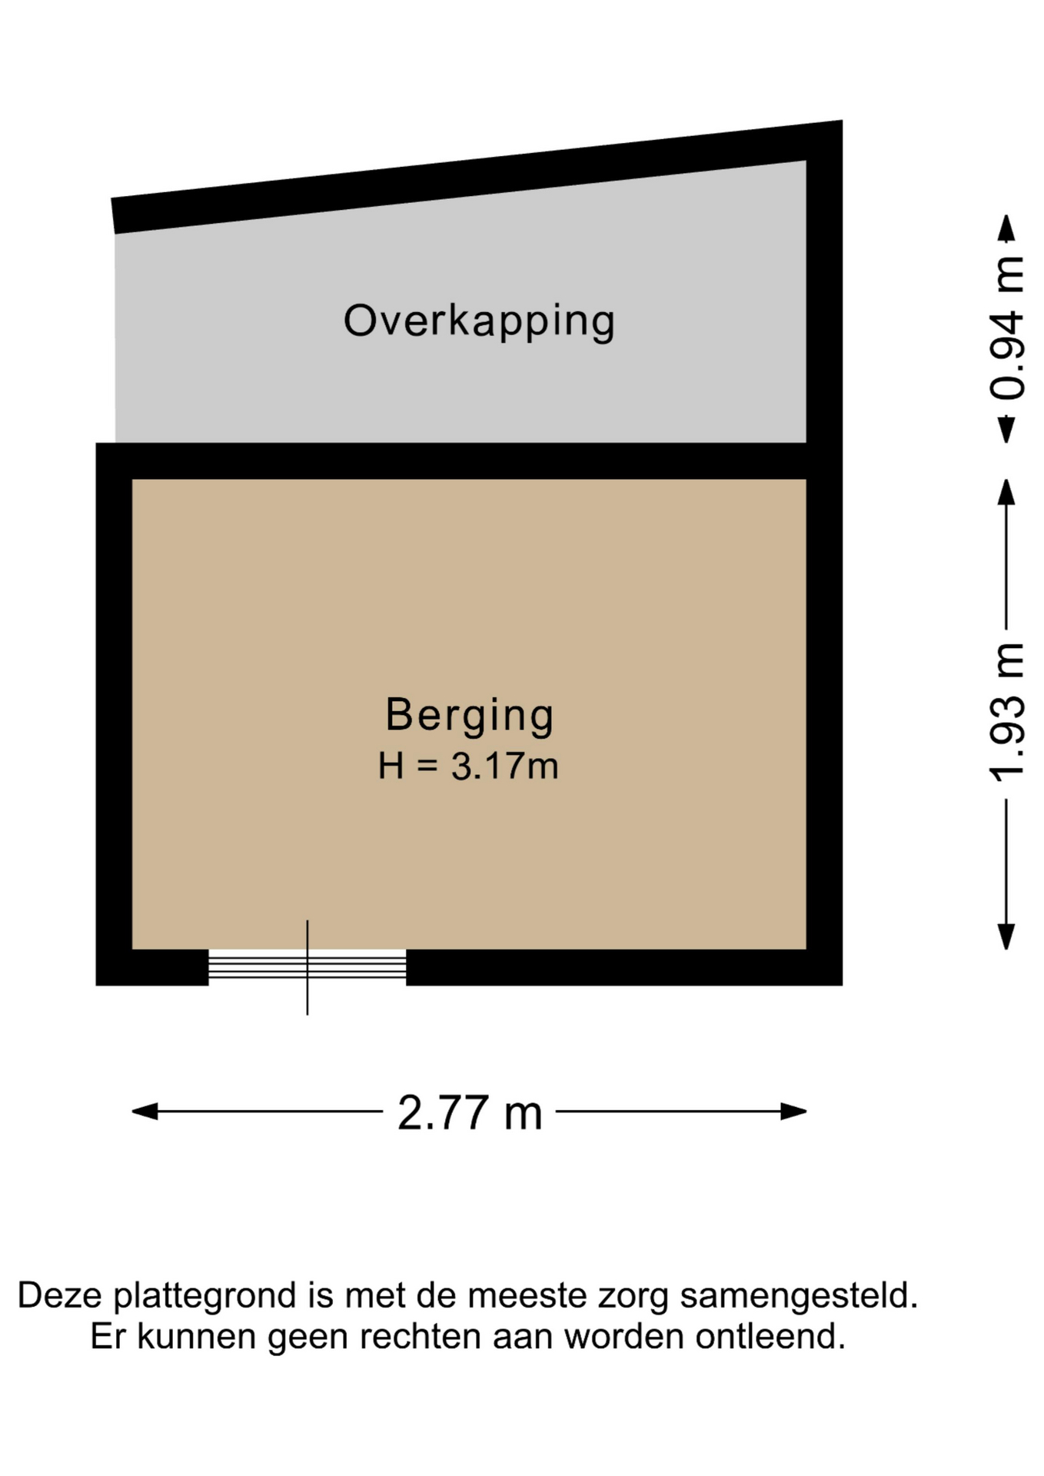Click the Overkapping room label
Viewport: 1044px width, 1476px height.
pos(479,321)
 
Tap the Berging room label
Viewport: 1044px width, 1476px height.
pos(470,716)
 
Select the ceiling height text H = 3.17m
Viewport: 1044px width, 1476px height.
pos(468,766)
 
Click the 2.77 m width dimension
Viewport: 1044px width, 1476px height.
pos(469,1112)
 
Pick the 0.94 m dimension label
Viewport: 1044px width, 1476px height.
pos(1007,328)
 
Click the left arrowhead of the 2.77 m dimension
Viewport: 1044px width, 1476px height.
pos(145,1112)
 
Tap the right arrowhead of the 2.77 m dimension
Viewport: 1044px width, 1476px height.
pos(794,1112)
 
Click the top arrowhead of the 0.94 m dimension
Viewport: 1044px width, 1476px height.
pos(1006,227)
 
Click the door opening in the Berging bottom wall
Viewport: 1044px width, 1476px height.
pos(308,967)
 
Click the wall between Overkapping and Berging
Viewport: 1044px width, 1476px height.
pos(469,460)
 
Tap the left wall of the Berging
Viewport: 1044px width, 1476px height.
pos(114,713)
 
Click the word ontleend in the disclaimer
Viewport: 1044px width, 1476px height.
pos(770,1337)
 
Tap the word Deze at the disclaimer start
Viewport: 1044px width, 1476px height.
pos(60,1295)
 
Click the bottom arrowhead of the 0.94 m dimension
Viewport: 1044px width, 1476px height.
pos(1006,430)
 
